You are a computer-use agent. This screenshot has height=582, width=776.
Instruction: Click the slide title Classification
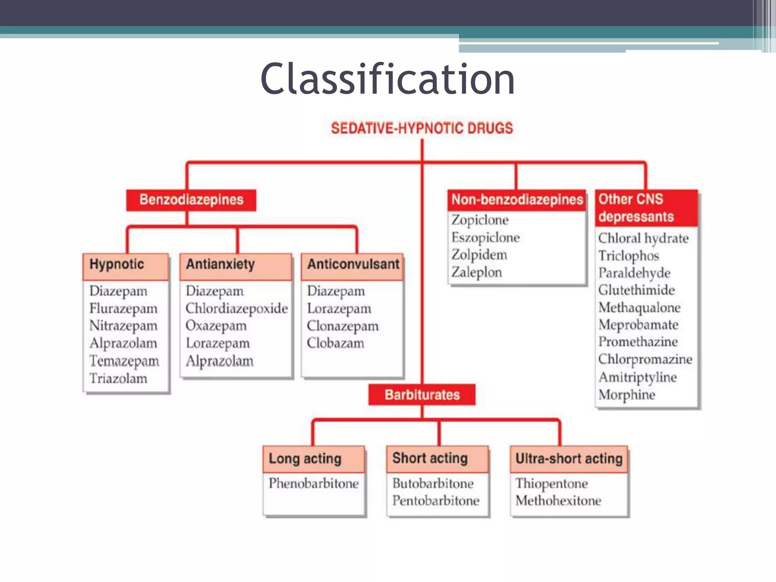pos(387,79)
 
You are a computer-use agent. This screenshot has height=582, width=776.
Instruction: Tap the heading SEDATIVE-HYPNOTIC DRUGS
pos(422,128)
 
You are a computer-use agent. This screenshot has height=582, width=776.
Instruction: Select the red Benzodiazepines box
pos(191,200)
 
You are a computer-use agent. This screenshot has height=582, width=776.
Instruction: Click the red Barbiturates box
pos(422,395)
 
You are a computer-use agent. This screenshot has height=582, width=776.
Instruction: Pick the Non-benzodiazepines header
pos(517,200)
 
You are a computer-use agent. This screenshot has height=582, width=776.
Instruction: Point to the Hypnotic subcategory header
pos(117,264)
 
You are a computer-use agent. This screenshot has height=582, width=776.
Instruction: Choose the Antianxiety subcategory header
pos(220,264)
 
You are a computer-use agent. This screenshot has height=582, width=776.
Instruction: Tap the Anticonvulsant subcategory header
pos(353,264)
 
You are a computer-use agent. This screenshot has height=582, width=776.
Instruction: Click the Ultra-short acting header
pos(569,459)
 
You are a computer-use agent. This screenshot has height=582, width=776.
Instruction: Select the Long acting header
pos(305,459)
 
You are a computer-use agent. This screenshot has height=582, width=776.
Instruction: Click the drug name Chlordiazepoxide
pos(236,308)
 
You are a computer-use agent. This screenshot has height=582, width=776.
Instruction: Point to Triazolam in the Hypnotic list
pos(118,378)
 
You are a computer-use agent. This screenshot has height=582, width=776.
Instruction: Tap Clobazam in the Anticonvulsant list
pos(335,343)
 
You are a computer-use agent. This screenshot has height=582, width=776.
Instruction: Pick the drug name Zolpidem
pos(479,255)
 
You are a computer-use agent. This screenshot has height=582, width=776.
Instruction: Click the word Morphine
pos(627,395)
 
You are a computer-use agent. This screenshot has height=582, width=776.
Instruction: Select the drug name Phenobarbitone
pos(314,483)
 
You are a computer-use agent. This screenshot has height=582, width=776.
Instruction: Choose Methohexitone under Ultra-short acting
pos(558,501)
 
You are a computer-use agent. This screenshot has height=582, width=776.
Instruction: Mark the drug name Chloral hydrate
pos(643,238)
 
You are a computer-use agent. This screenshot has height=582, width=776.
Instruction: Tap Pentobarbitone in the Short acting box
pos(436,501)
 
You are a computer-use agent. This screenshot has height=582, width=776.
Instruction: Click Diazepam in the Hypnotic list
pos(118,291)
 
